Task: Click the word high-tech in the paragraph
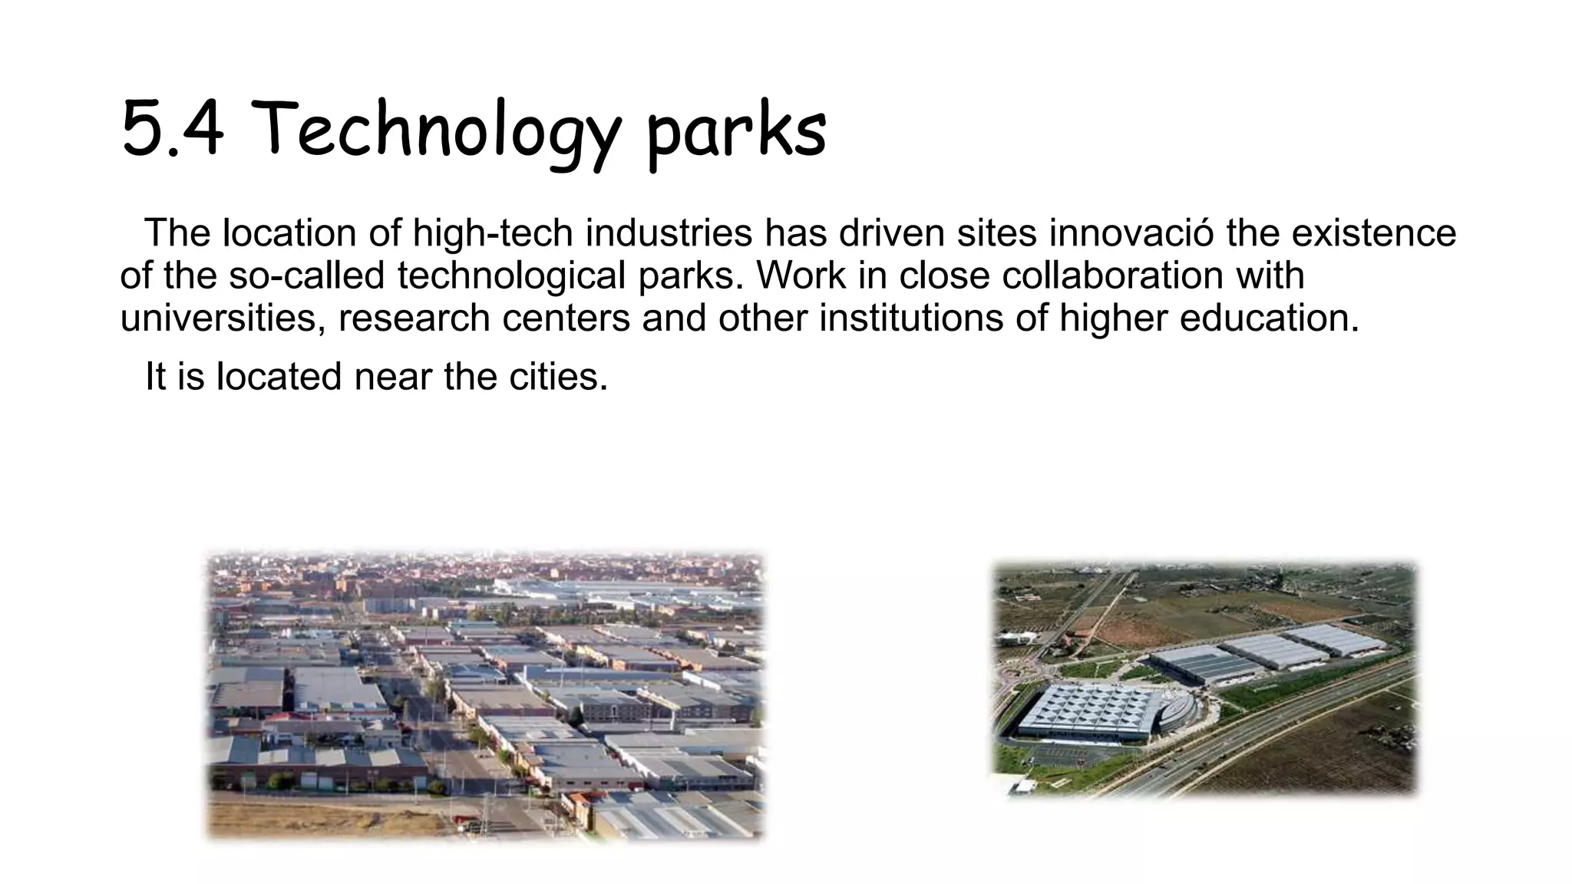pos(493,233)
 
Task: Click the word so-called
pos(306,275)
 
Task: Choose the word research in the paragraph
pos(414,318)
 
